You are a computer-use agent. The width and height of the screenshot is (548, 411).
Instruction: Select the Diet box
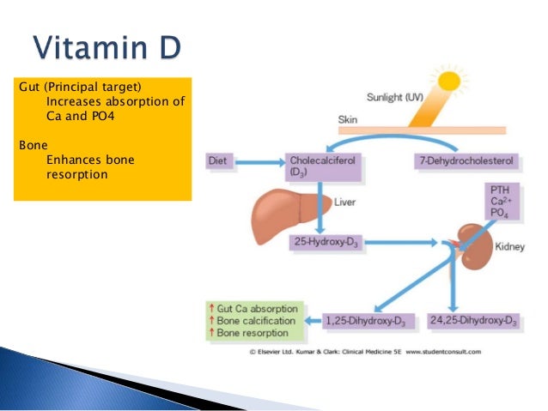pyautogui.click(x=222, y=160)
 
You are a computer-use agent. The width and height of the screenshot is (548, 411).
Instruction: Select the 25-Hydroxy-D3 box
pyautogui.click(x=326, y=244)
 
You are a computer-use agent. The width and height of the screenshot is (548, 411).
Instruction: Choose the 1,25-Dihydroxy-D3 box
pyautogui.click(x=374, y=321)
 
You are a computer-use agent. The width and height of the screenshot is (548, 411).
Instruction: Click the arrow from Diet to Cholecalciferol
pyautogui.click(x=261, y=160)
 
